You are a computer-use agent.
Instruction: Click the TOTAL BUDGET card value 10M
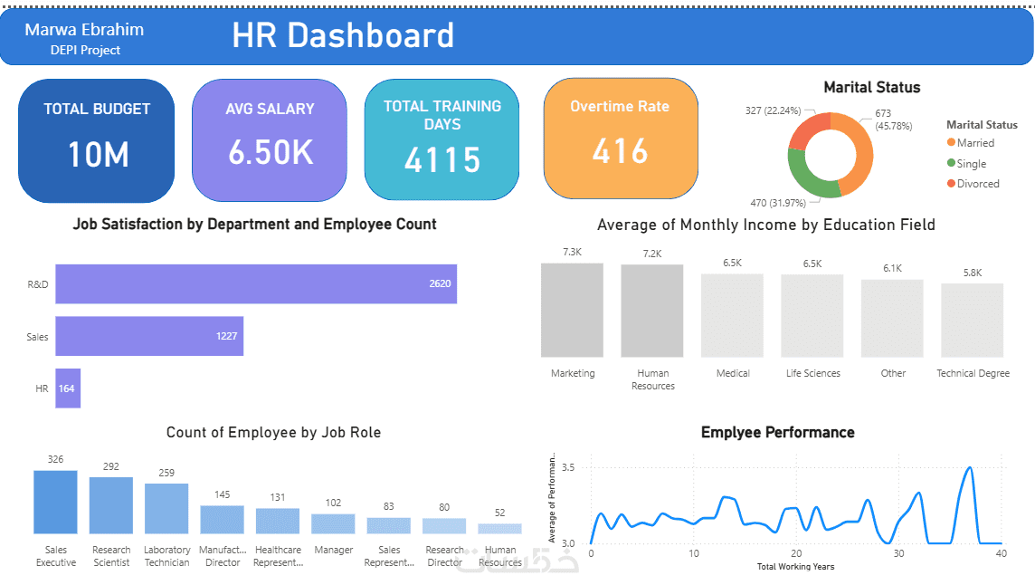point(98,155)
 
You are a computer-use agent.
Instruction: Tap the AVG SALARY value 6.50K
point(271,153)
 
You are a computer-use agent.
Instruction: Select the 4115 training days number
point(442,159)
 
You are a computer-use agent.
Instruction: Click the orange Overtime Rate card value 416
point(621,150)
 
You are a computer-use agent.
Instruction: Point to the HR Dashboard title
point(343,35)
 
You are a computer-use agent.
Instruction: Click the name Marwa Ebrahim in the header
point(84,30)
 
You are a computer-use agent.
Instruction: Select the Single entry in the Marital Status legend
point(971,164)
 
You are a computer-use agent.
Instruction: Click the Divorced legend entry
point(977,184)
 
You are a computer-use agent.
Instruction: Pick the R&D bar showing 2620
point(256,284)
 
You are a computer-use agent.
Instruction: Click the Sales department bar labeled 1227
point(149,336)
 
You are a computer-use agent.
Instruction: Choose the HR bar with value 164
point(68,388)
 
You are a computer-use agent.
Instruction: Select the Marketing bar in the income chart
point(572,311)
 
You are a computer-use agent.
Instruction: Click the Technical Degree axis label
point(973,373)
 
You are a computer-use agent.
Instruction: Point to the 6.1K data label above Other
point(893,269)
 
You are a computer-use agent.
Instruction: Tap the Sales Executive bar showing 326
point(55,502)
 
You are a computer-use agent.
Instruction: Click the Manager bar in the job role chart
point(333,523)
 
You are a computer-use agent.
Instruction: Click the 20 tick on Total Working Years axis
point(795,553)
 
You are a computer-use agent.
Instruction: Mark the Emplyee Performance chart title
point(777,433)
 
